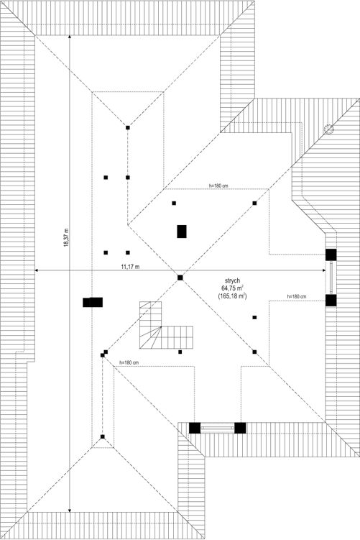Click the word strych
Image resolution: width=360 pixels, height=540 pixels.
[232, 281]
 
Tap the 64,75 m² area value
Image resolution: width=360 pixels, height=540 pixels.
[233, 288]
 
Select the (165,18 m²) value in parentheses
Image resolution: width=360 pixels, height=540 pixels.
[232, 296]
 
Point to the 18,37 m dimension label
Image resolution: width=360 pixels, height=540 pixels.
[65, 237]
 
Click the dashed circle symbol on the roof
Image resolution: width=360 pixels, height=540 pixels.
[328, 129]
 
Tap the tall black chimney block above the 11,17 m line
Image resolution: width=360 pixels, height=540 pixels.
[182, 232]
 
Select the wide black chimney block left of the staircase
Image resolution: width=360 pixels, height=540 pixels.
[93, 303]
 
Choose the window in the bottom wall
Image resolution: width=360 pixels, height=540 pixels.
[218, 428]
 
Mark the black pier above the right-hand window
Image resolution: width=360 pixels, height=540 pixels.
[331, 255]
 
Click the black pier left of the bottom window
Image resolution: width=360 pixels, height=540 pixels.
[195, 428]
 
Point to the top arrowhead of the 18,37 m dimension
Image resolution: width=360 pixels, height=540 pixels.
[70, 37]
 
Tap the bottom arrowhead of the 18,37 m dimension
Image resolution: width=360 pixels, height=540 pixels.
[70, 510]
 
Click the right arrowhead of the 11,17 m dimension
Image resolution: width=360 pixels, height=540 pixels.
[323, 270]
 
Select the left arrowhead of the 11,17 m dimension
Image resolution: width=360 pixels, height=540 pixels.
[37, 270]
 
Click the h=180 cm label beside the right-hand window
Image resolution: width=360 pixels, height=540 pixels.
[297, 296]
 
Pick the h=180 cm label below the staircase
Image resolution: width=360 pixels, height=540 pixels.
[129, 362]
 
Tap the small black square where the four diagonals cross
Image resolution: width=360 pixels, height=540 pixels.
[180, 278]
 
